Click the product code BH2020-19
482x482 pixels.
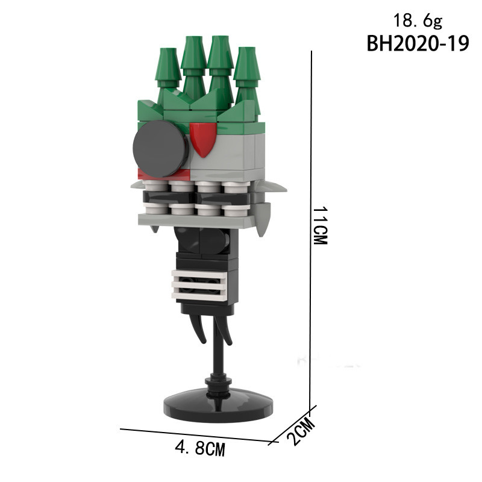pos(418,43)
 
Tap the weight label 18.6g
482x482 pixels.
pos(418,21)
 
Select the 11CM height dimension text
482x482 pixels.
pos(321,225)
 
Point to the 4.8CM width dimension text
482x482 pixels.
pos(200,448)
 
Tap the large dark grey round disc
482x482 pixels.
pos(161,149)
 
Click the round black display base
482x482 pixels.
pos(218,404)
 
